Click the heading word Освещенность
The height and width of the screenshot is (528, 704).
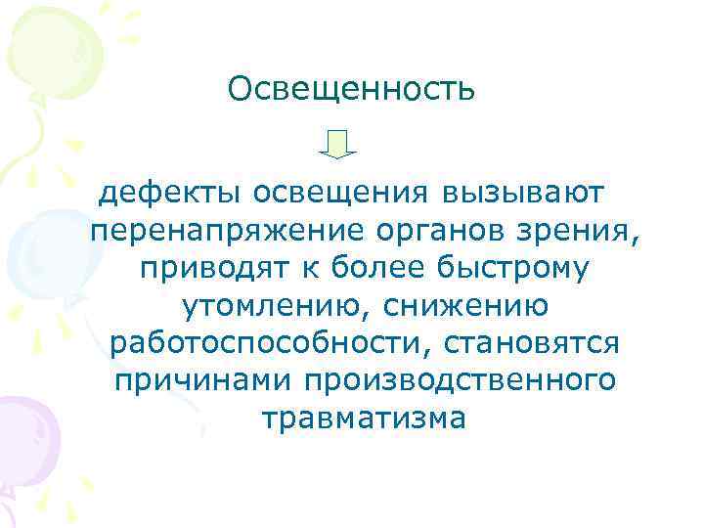[x=352, y=90]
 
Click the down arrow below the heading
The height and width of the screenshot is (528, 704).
[x=338, y=144]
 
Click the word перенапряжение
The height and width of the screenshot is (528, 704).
[x=226, y=231]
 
